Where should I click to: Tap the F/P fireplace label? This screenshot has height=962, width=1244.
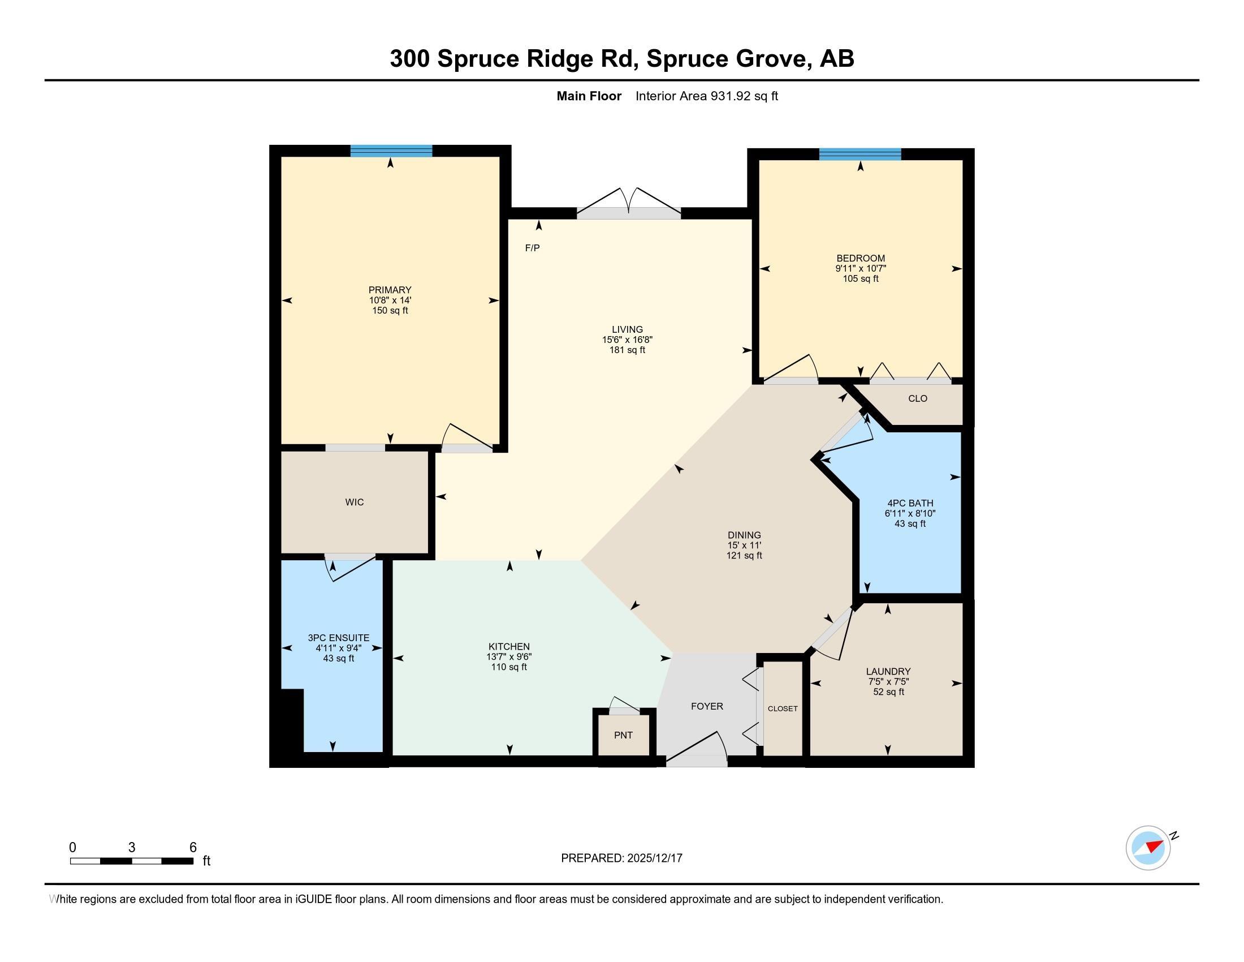click(532, 248)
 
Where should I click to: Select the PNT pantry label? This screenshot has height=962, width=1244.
click(623, 735)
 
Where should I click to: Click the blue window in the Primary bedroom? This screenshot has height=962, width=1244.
click(391, 151)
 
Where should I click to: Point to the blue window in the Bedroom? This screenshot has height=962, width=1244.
click(860, 154)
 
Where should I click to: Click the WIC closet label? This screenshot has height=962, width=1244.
click(355, 502)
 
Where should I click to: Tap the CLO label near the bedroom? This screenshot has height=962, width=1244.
click(918, 398)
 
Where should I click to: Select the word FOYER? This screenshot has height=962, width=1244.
click(707, 706)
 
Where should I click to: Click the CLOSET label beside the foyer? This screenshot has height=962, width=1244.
click(783, 708)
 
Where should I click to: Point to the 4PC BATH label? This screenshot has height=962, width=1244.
click(910, 503)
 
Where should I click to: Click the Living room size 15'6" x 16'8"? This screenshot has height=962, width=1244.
click(627, 340)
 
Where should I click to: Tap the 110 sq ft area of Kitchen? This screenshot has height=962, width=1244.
click(509, 667)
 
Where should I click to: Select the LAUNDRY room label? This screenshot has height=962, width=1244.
click(888, 671)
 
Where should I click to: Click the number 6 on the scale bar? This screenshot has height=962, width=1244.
click(193, 848)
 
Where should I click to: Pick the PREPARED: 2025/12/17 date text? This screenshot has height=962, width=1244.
click(621, 858)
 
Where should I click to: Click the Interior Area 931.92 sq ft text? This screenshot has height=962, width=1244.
click(706, 96)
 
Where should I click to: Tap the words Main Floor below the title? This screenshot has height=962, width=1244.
click(589, 96)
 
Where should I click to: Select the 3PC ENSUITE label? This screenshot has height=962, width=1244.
click(338, 638)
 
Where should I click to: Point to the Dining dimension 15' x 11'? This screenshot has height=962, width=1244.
click(744, 546)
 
